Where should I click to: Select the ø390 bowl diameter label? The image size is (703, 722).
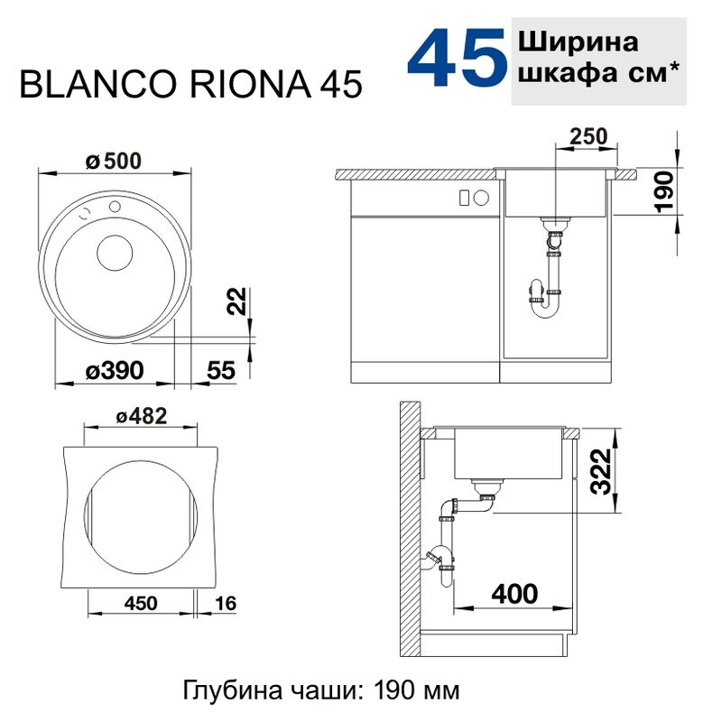(114, 370)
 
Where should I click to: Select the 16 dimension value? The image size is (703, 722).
(225, 602)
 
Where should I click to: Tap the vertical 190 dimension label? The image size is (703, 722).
(663, 190)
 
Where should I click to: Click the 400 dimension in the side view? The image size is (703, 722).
(513, 593)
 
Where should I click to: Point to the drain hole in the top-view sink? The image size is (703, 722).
(115, 253)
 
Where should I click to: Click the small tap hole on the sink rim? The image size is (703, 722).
(115, 208)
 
